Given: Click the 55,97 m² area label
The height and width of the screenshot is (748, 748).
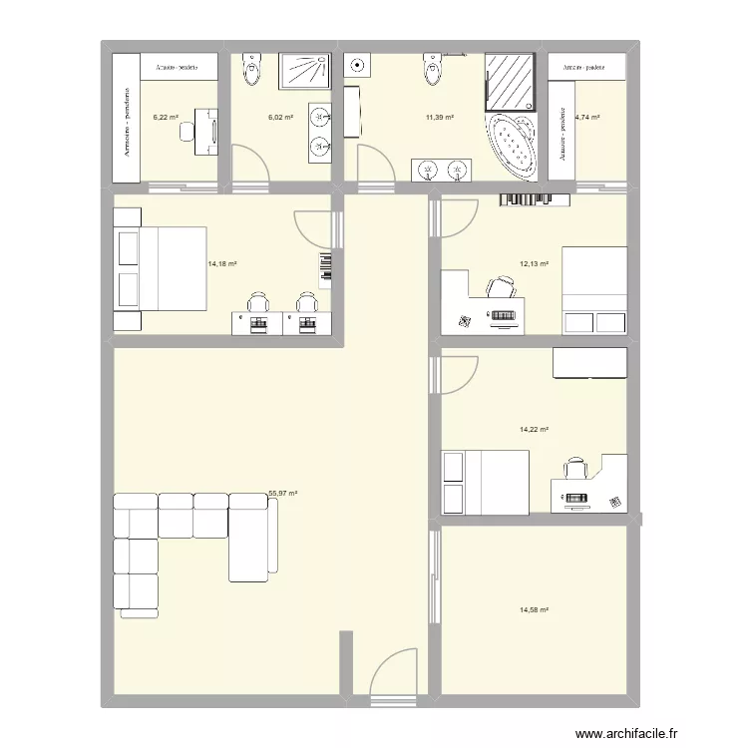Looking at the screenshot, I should tap(283, 493).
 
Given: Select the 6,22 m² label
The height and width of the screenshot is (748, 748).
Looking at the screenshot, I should tap(166, 117).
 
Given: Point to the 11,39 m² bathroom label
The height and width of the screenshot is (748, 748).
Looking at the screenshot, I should tap(439, 117).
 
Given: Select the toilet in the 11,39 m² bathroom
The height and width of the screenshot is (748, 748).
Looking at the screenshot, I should tap(432, 70).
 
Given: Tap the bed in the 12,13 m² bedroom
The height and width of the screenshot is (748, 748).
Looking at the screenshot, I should tap(594, 289).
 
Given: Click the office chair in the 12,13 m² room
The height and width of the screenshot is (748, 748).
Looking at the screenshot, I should tap(501, 287).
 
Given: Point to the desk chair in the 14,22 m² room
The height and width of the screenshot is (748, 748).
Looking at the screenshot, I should tap(575, 468).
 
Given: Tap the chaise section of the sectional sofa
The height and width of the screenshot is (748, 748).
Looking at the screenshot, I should tap(250, 539).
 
